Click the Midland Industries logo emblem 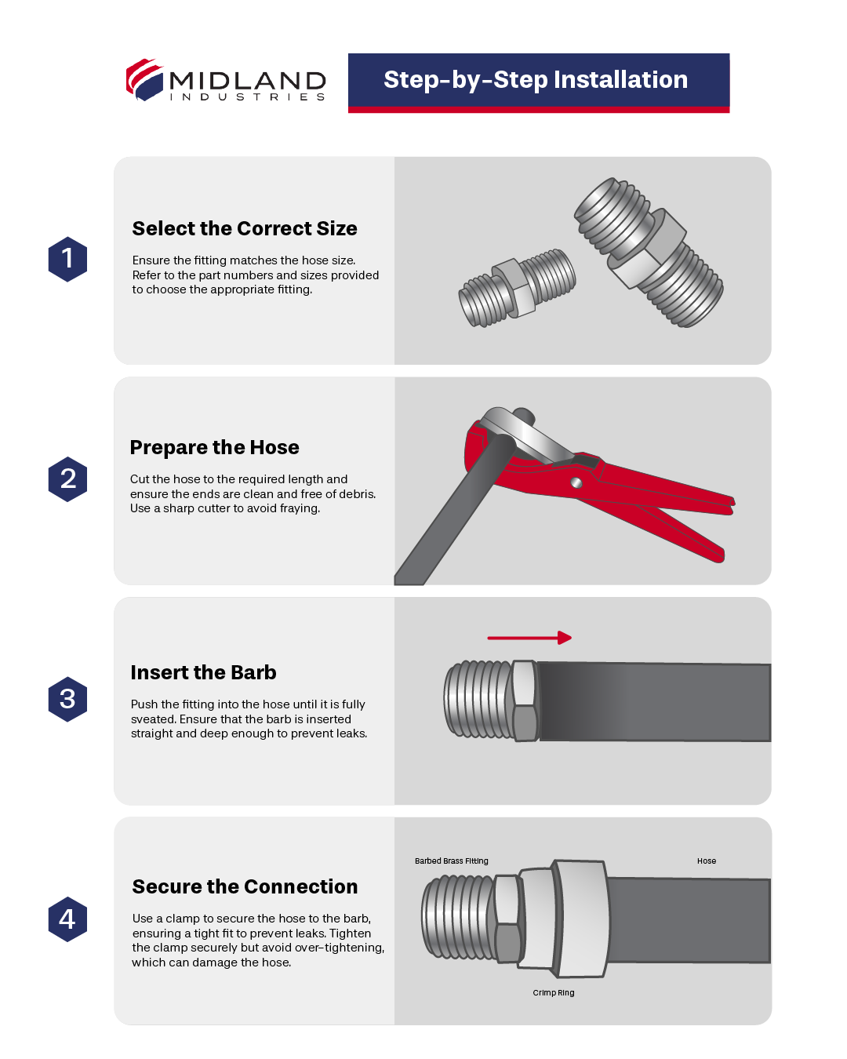(x=144, y=79)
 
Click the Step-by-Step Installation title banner (x=538, y=81)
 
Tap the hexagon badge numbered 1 (x=67, y=259)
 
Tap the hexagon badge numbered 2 (x=67, y=479)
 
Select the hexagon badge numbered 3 (x=67, y=699)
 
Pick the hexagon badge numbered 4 (x=67, y=919)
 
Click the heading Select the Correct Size (x=245, y=228)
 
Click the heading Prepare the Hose (x=214, y=447)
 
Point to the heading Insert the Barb (x=203, y=672)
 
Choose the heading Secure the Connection (x=245, y=886)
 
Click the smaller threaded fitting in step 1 (x=517, y=289)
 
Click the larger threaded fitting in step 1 (x=649, y=251)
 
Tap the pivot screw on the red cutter (x=576, y=482)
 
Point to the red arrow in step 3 (x=529, y=638)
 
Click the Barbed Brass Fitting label (x=451, y=861)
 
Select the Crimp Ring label (x=553, y=993)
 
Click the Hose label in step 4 (x=706, y=861)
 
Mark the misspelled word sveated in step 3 (x=153, y=719)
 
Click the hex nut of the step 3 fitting (x=524, y=701)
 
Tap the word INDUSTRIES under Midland (x=247, y=97)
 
